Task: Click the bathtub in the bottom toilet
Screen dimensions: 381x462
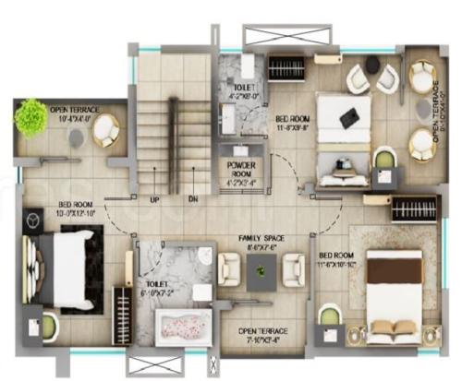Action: pyautogui.click(x=183, y=327)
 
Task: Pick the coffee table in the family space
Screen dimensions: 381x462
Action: pyautogui.click(x=260, y=269)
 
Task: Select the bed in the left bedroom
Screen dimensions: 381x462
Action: pyautogui.click(x=62, y=262)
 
